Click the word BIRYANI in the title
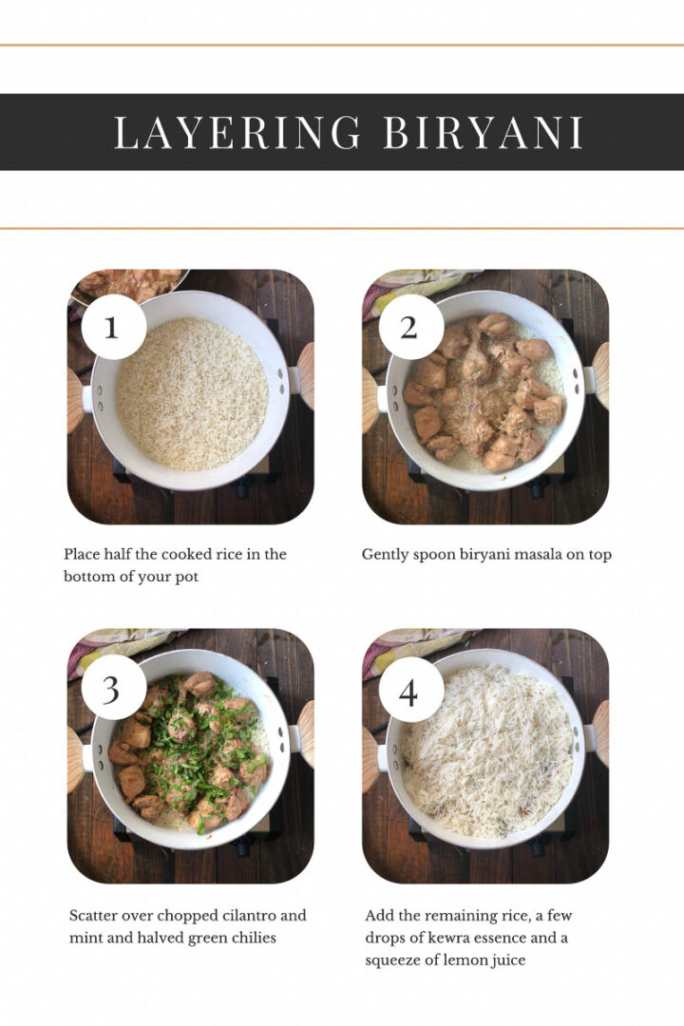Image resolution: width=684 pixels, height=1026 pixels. (483, 133)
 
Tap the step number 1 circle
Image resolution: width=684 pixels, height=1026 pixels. (113, 327)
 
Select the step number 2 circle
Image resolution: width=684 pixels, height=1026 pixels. (409, 327)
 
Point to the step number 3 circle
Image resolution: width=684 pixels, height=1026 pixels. (113, 687)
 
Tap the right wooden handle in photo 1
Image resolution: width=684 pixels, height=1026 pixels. (306, 375)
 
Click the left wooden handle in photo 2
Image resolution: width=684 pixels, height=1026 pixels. (370, 399)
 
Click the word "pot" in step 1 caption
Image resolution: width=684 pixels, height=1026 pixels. (185, 577)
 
